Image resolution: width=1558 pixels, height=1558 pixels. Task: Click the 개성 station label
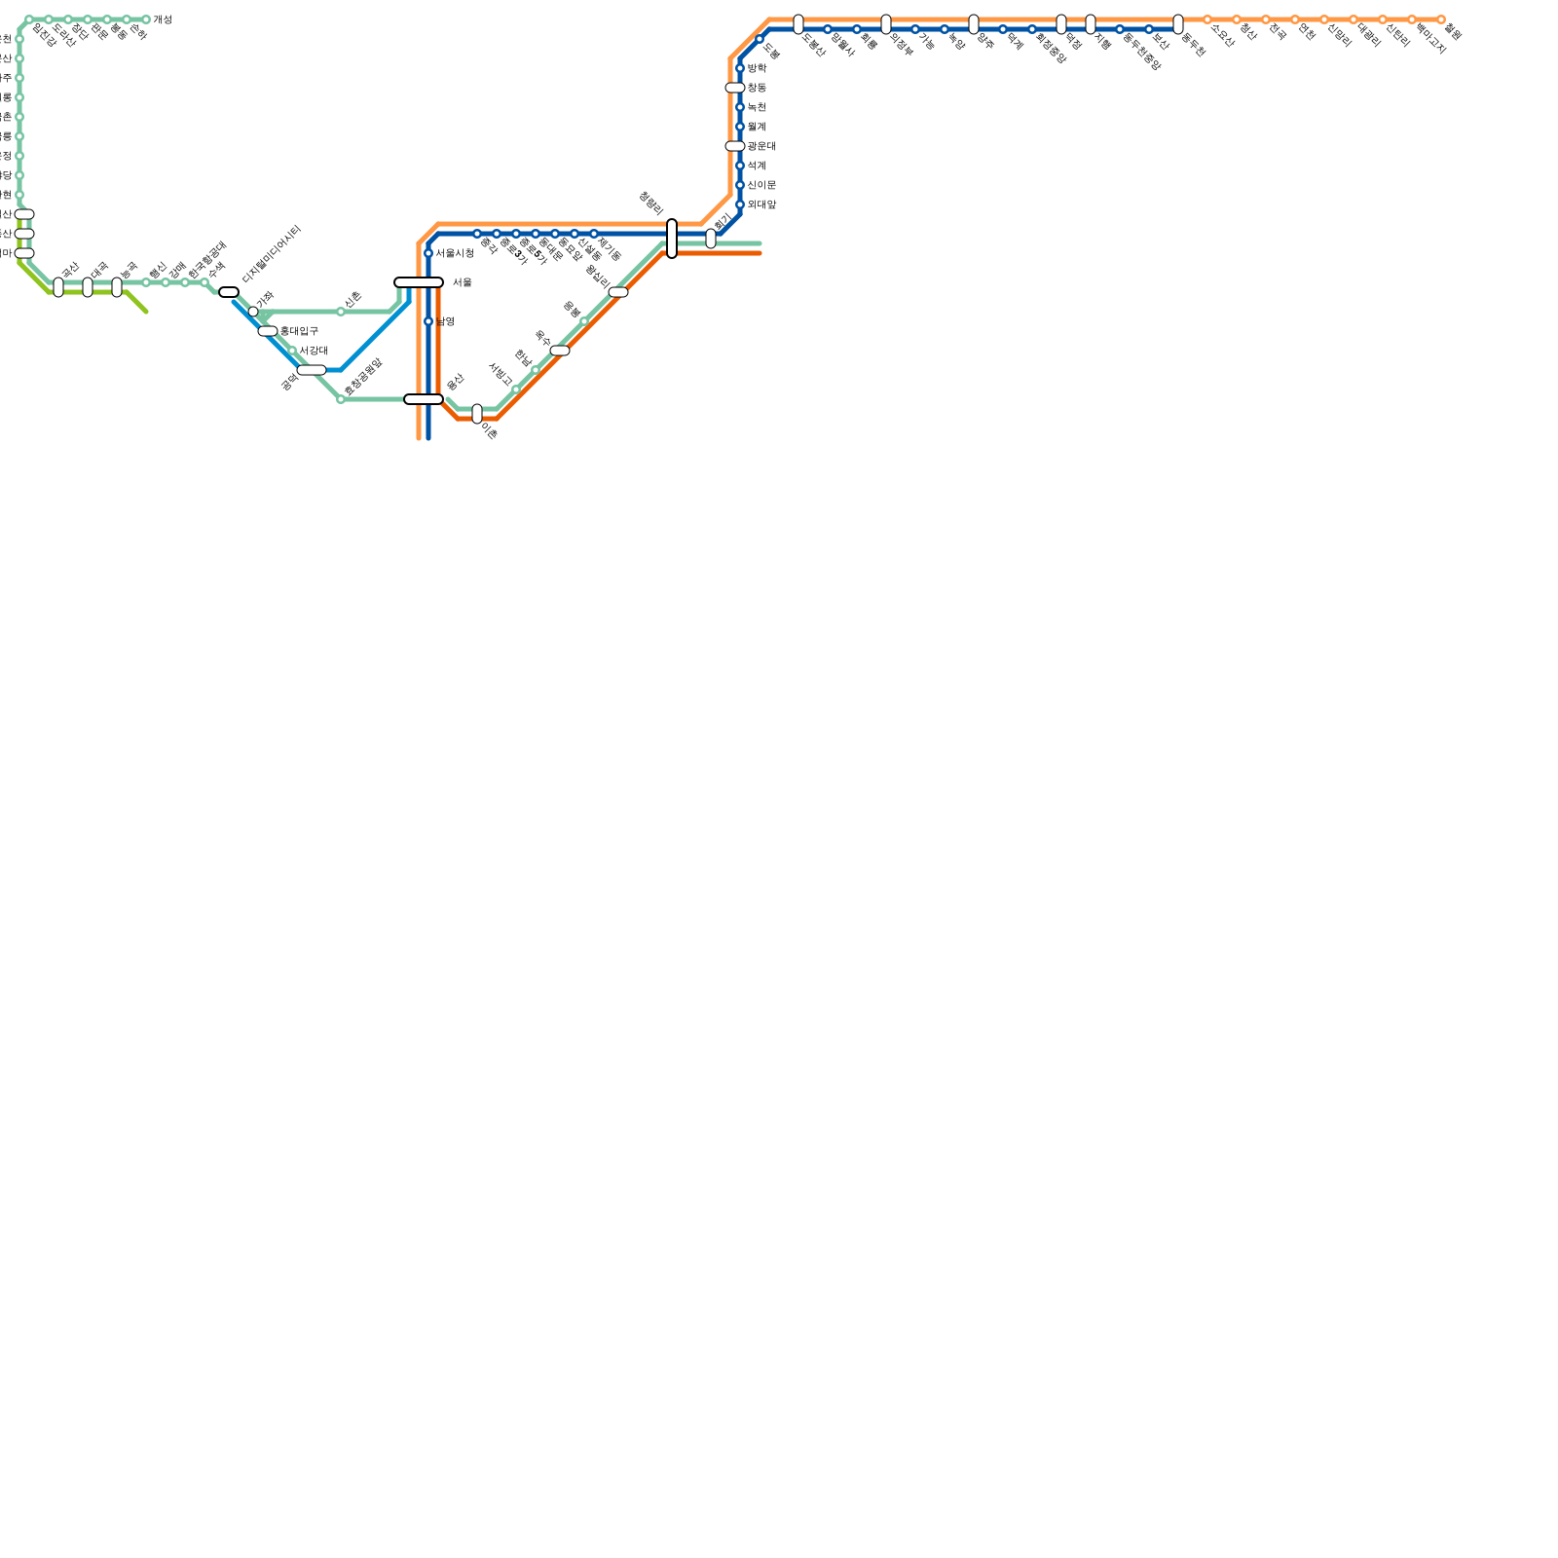coord(162,19)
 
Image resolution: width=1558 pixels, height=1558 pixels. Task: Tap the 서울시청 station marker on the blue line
coord(428,253)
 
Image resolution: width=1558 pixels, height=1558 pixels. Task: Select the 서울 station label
coord(462,282)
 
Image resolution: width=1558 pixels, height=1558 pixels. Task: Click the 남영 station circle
coord(428,321)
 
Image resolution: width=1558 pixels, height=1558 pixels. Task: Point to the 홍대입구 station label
coord(299,331)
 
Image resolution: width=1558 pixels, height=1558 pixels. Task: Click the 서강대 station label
coord(314,351)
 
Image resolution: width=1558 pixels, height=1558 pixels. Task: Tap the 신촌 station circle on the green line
coord(341,312)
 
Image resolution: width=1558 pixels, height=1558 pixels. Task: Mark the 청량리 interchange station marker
coord(672,239)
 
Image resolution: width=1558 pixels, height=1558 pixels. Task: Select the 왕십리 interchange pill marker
coord(618,292)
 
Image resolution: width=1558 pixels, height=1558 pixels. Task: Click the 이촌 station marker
coord(477,414)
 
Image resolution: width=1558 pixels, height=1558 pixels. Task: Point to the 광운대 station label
coord(761,146)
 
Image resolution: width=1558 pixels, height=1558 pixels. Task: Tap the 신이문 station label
coord(761,185)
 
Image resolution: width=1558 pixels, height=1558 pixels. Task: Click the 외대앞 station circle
coord(740,204)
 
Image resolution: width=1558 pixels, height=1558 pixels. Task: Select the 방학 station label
coord(757,68)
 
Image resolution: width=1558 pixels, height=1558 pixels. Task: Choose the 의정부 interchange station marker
coord(886,24)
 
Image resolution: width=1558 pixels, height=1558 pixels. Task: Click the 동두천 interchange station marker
coord(1178,24)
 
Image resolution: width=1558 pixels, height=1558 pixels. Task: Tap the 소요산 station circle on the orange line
coord(1207,19)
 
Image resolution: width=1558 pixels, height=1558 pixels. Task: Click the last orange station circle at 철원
coord(1441,19)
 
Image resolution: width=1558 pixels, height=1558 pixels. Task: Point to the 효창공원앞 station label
coord(362,377)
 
